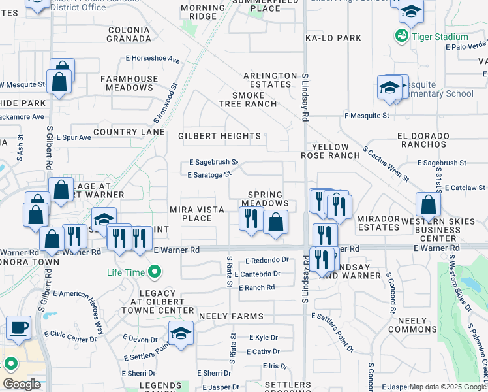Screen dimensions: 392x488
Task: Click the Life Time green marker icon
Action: [155, 271]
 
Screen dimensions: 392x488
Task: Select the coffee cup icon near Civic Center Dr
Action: [19, 327]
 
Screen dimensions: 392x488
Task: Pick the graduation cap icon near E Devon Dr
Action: [181, 333]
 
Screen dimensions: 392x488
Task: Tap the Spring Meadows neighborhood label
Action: [265, 199]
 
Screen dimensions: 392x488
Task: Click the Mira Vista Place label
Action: [197, 214]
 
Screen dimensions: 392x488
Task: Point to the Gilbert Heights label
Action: [219, 136]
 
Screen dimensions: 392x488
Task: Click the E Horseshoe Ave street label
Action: [156, 59]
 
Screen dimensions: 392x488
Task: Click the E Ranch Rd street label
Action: [257, 287]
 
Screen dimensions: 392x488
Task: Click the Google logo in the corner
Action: [22, 384]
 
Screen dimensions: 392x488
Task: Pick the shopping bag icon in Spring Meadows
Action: [276, 222]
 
